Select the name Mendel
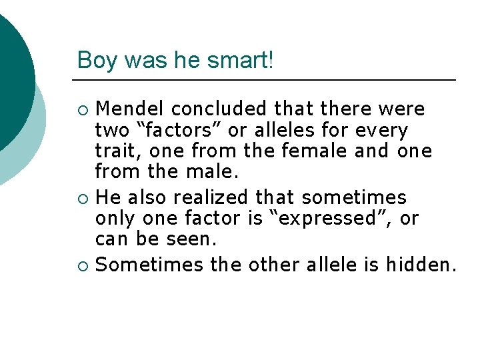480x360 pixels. pyautogui.click(x=129, y=108)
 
